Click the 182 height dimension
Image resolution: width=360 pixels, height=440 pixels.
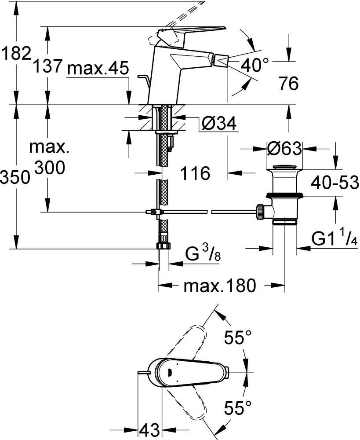[x=16, y=53]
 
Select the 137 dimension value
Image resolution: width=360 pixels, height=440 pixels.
[x=47, y=66]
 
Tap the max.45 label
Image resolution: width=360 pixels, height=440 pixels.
[x=98, y=68]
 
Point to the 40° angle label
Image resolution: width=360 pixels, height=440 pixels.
[x=255, y=65]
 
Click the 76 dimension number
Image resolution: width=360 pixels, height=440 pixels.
[x=289, y=83]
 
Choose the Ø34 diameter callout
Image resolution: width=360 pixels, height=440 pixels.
[x=219, y=123]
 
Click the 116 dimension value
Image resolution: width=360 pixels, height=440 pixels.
[x=195, y=173]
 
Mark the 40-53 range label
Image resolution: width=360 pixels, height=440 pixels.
[x=335, y=183]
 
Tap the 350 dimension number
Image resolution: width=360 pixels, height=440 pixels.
[x=15, y=177]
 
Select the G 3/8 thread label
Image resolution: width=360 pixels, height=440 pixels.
[x=203, y=253]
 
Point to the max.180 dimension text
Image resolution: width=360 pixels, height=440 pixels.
[x=220, y=286]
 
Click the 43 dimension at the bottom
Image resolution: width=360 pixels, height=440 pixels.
[x=149, y=429]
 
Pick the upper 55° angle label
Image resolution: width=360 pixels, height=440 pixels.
[x=238, y=337]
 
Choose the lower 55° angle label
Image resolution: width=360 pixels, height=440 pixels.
[x=238, y=407]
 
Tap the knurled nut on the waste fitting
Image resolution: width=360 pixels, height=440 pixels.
[x=260, y=212]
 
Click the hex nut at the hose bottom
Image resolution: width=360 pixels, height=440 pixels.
[x=163, y=245]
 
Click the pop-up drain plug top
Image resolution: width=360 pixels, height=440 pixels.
[x=284, y=168]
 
